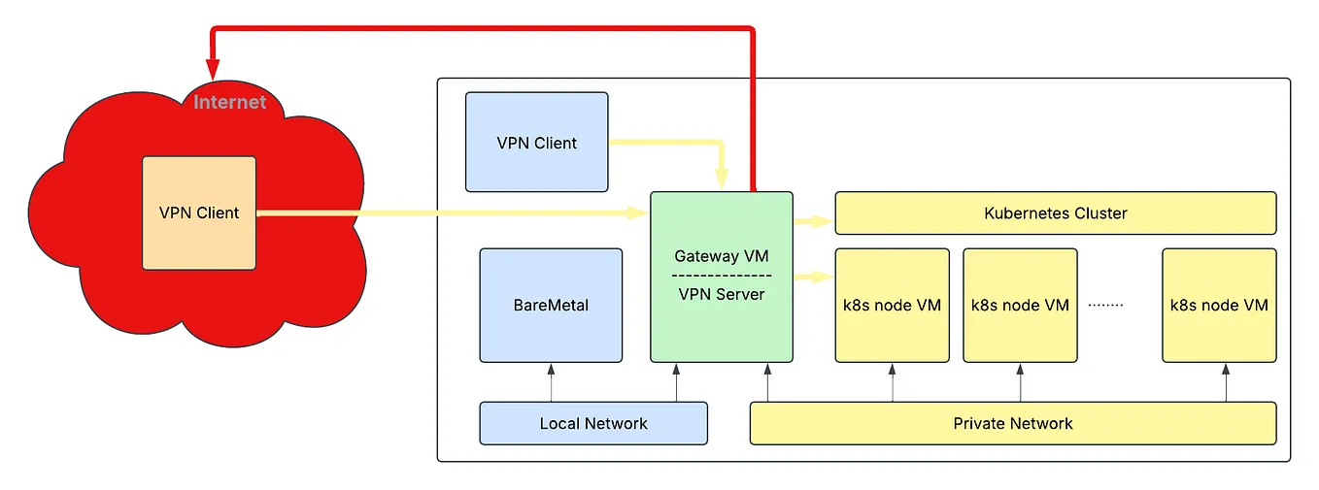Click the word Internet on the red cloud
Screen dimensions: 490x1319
(229, 102)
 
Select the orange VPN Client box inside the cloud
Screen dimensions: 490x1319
(199, 212)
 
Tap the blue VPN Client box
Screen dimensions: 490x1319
(536, 143)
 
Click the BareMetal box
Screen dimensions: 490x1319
(551, 305)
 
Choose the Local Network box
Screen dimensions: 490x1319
(593, 423)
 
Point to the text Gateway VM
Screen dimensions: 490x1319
(721, 256)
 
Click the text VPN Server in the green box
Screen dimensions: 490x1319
(721, 293)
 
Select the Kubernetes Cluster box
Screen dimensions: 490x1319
(1055, 212)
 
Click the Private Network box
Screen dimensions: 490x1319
(1012, 423)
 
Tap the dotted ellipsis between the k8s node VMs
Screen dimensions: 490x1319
(1105, 305)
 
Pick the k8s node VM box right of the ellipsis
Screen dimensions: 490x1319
(1219, 305)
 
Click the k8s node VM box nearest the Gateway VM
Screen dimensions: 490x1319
(892, 305)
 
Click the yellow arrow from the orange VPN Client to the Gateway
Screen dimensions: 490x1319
(447, 212)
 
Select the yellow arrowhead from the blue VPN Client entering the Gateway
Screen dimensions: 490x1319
(721, 179)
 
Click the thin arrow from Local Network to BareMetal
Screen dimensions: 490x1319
(551, 382)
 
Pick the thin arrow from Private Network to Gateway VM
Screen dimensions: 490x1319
(767, 382)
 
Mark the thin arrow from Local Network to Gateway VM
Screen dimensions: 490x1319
(676, 382)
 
